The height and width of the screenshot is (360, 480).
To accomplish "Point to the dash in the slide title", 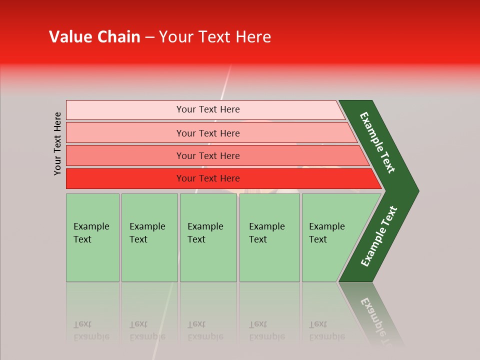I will tap(149, 37).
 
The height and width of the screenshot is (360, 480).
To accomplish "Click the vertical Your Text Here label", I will tap(57, 143).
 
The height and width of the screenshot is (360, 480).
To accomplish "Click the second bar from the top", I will tap(208, 133).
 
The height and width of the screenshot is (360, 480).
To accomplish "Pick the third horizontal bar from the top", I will tap(208, 155).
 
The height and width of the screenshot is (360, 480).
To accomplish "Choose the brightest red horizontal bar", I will tap(208, 178).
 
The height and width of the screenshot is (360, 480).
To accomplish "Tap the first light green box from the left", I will tap(92, 237).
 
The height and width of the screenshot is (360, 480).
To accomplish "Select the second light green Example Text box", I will tap(149, 237).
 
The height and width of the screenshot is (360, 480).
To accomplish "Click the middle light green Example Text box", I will tap(208, 237).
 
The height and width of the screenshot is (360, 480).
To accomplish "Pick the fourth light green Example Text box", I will tap(269, 237).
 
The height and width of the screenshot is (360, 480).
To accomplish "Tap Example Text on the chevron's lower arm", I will tap(379, 236).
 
